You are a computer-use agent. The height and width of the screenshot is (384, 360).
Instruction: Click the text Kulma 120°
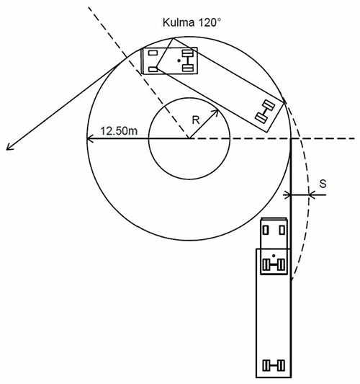tap(192, 22)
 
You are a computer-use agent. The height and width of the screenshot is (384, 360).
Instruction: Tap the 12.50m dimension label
tap(120, 131)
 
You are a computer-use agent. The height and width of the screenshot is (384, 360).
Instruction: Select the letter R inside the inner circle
tap(196, 120)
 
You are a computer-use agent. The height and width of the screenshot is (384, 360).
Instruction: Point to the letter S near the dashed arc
tap(323, 184)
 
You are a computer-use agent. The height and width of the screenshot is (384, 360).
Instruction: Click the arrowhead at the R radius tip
tap(215, 112)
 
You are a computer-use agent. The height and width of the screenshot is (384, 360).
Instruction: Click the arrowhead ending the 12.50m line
tap(89, 139)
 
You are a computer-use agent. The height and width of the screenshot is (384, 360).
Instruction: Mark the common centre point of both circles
tap(189, 139)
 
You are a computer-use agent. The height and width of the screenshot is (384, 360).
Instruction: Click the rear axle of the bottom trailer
tap(274, 366)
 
